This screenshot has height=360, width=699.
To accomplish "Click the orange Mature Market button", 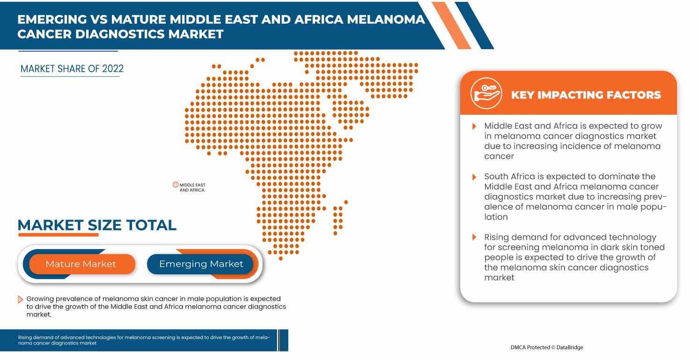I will point(81,264).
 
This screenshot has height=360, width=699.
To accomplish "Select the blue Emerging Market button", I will point(201,264).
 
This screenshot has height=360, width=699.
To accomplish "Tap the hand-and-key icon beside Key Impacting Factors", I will point(486,93).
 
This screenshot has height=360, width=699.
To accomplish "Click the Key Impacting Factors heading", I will point(586,95).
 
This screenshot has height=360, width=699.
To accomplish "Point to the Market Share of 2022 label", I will point(72,69).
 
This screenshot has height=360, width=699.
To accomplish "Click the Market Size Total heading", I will point(97,225).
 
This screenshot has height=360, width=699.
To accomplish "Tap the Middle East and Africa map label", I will point(192,188).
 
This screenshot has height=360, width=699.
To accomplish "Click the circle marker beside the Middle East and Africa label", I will point(176,185).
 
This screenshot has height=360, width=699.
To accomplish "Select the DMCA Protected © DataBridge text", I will point(546,347).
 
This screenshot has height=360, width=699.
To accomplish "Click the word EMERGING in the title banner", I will point(52,19).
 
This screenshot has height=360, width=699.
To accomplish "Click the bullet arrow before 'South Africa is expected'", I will point(474,177).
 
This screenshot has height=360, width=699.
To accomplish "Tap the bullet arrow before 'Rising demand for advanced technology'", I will point(474,237).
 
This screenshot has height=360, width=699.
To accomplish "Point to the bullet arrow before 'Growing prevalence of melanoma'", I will point(20,299).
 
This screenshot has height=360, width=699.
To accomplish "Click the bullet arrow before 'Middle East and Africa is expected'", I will point(474,126).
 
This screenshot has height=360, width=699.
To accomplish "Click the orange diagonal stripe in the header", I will point(452,26).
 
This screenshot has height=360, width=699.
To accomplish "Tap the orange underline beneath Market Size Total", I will point(58,235).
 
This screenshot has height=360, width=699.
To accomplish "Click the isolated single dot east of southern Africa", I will point(346,202).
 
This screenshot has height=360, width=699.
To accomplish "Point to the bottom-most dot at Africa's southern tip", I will point(280,258).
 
